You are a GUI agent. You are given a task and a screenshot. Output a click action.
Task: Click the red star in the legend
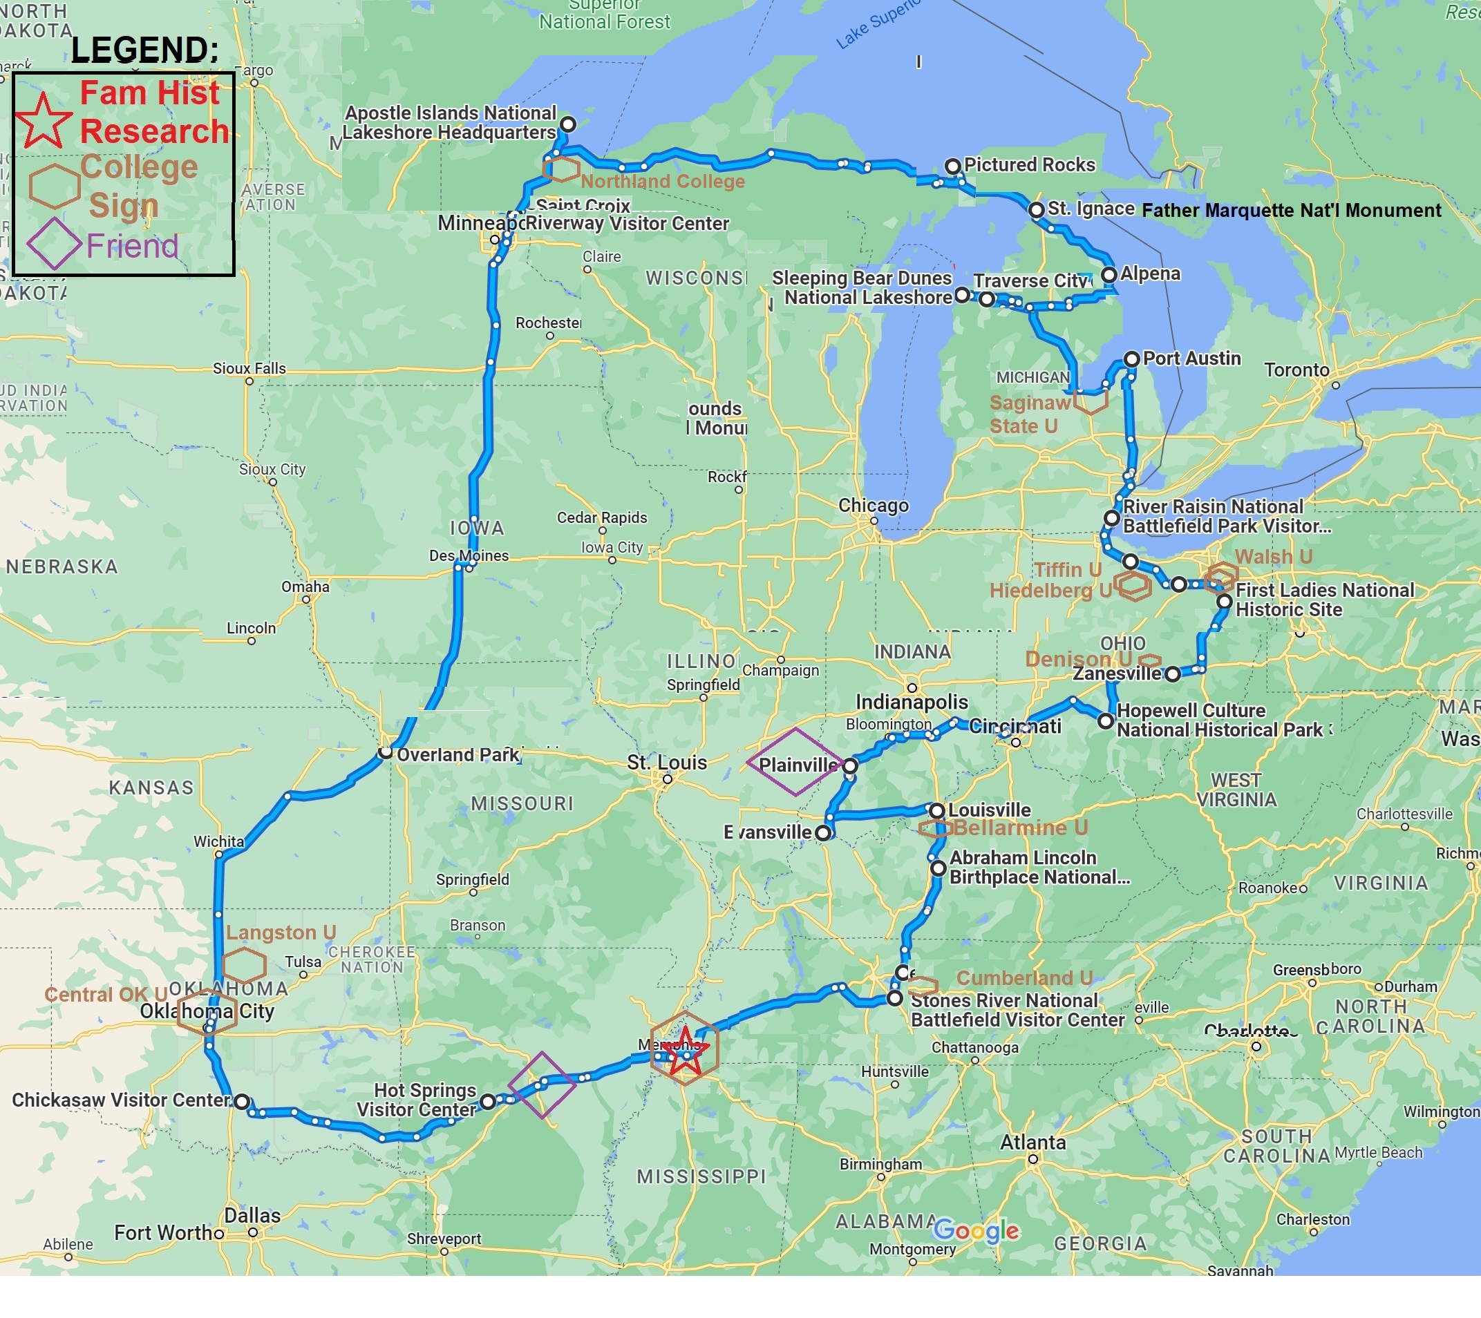tap(43, 121)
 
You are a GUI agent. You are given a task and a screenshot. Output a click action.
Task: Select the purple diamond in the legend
tap(54, 244)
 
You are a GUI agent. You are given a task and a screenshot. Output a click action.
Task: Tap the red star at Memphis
tap(684, 1051)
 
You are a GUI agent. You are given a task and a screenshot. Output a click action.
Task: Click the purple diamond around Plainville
tap(795, 763)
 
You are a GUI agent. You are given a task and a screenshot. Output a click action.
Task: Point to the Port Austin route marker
tap(1131, 359)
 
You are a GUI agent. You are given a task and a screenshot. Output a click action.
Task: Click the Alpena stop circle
tap(1109, 274)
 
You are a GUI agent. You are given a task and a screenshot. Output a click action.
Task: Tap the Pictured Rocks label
tap(1029, 165)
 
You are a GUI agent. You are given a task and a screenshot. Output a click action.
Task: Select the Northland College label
tap(662, 181)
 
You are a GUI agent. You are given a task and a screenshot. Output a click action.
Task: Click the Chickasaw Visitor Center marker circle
tap(242, 1102)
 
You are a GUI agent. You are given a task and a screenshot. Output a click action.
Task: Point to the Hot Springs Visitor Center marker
tap(489, 1102)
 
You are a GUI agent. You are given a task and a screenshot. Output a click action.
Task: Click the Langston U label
tap(281, 932)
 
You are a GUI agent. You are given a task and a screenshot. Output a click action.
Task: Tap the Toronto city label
tap(1296, 370)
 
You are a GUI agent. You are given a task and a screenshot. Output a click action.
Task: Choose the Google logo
tap(975, 1230)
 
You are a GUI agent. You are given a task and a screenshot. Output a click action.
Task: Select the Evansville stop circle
tap(822, 833)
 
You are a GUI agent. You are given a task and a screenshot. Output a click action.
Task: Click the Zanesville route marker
tap(1172, 674)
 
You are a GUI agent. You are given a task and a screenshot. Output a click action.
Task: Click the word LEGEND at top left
tap(144, 50)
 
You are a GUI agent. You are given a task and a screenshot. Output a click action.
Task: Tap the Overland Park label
tap(457, 754)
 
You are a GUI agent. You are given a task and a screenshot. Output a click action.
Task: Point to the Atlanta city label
tap(1032, 1142)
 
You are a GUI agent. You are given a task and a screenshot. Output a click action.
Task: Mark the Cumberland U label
tap(1024, 977)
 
